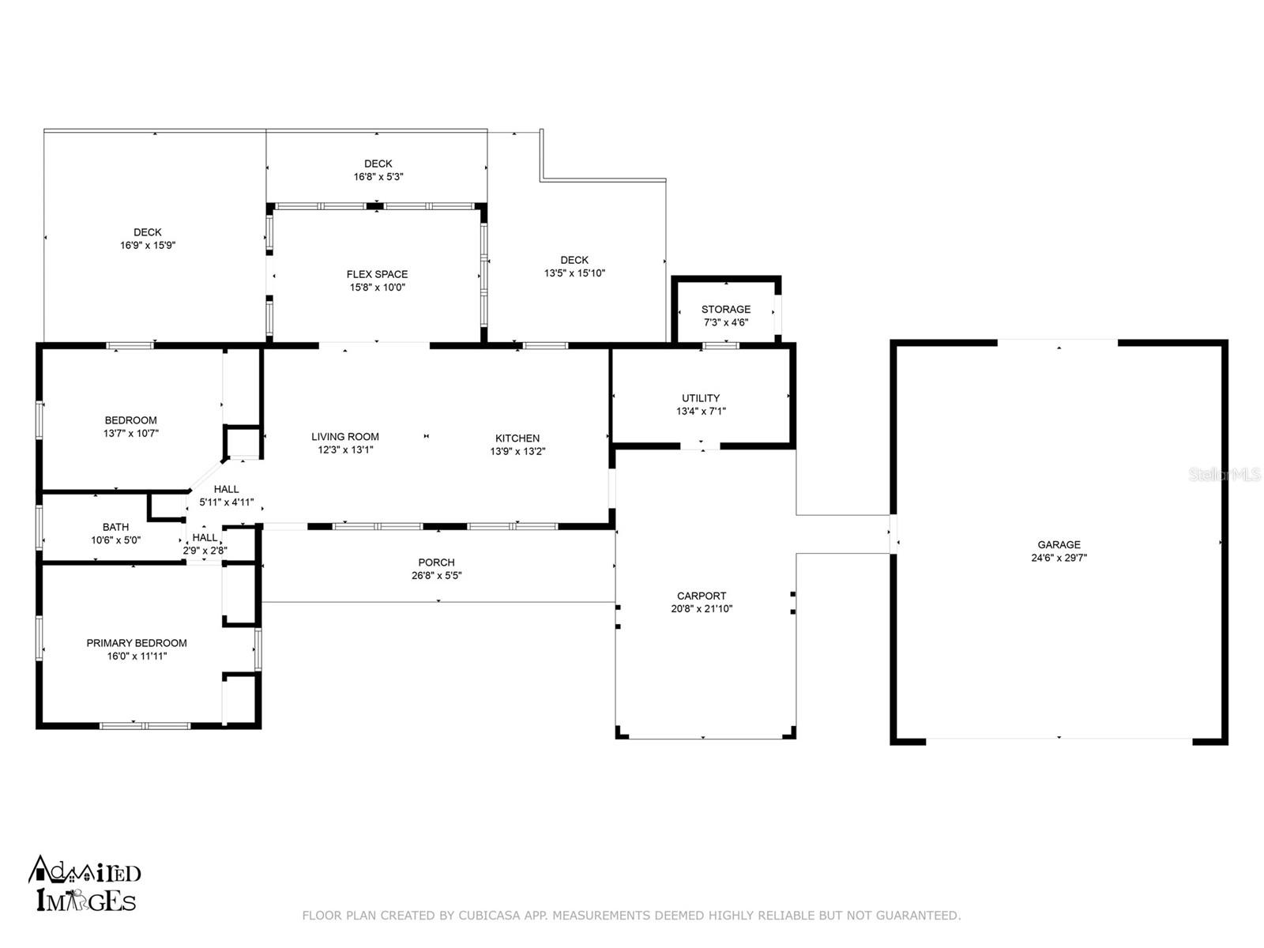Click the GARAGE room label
pos(1059,544)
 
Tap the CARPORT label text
pos(701,596)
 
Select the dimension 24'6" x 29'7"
pos(1059,557)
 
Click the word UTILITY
pos(700,397)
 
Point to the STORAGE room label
pos(725,309)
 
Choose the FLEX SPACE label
pos(377,274)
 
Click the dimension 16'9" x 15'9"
pos(148,245)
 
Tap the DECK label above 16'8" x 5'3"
pos(378,164)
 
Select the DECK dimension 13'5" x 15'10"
pos(574,273)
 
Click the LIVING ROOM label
pos(345,436)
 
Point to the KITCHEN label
pos(517,438)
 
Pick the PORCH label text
pos(436,562)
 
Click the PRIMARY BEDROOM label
pos(137,643)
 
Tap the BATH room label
pos(115,527)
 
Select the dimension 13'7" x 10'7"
pos(130,434)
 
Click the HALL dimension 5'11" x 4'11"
pos(226,502)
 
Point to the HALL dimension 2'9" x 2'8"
pos(205,551)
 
